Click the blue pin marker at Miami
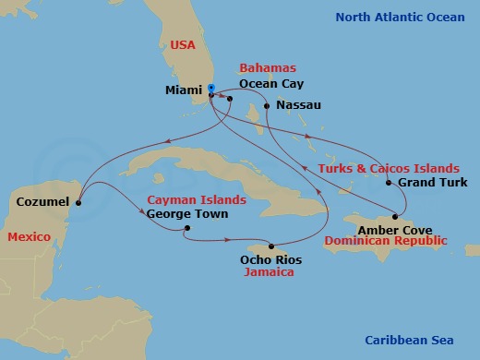[210, 90]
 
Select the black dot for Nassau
[267, 106]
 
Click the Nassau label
[298, 105]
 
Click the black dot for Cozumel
[79, 203]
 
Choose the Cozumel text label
[42, 198]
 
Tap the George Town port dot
[186, 228]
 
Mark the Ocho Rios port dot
[271, 246]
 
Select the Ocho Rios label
[270, 260]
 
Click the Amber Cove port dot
[395, 215]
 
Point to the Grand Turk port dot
[388, 183]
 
